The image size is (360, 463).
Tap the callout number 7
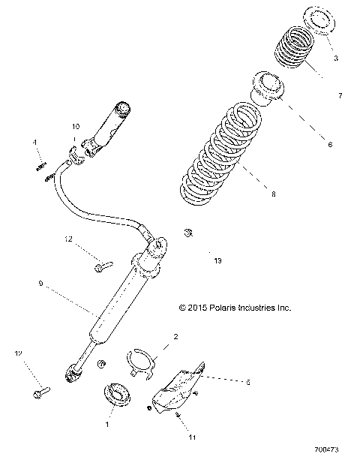[x=340, y=96]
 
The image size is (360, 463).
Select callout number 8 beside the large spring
[x=273, y=194]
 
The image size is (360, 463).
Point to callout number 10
[x=75, y=128]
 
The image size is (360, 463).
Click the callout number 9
[x=40, y=284]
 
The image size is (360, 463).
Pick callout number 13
[x=218, y=260]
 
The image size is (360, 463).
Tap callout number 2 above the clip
[x=175, y=337]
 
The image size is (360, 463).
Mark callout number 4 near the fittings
[x=34, y=142]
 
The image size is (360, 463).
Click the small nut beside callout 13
[x=189, y=231]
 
